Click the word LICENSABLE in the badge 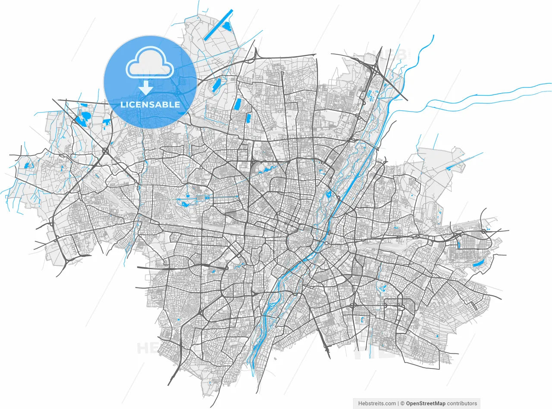tap(150, 104)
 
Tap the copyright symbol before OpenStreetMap tap(402, 403)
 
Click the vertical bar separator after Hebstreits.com tap(398, 403)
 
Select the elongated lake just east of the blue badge tap(216, 85)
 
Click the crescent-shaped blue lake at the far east tap(478, 263)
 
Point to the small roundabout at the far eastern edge tap(484, 231)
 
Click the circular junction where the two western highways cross tap(105, 151)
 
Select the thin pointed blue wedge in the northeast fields tap(464, 161)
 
